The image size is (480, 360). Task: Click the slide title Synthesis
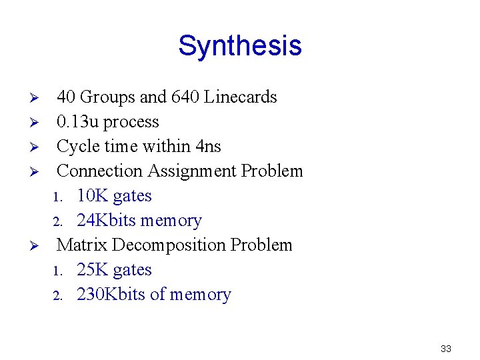(x=240, y=46)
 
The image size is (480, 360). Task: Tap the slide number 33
(x=446, y=349)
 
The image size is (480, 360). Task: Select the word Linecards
(x=240, y=97)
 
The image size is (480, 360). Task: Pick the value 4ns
(x=209, y=147)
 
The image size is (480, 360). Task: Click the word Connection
(x=100, y=171)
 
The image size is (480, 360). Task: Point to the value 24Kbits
(x=108, y=221)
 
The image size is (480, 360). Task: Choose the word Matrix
(x=82, y=245)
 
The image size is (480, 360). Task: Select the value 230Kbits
(x=111, y=295)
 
